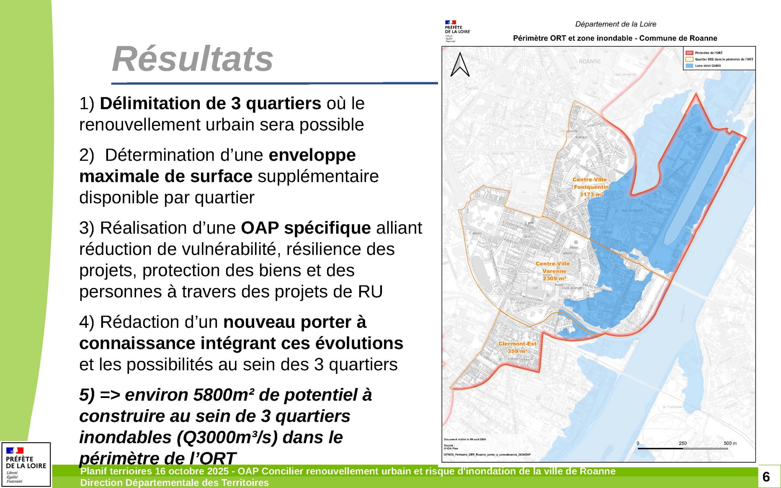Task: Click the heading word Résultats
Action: pos(192,59)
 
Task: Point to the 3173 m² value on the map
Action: pos(591,194)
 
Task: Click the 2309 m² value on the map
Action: pos(554,278)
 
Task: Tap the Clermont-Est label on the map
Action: pos(517,344)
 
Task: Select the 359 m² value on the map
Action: pos(517,351)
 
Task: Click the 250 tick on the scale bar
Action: pos(682,443)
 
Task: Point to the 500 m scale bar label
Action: pos(730,443)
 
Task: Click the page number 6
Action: pos(766,477)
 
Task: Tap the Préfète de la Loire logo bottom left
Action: pos(26,464)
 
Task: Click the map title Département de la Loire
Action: pos(615,24)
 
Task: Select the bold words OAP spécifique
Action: pos(305,228)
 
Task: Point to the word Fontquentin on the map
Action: pos(591,187)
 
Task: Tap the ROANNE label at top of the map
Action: pos(590,61)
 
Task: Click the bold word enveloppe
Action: pos(312,155)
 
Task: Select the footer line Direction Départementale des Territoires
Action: pos(174,483)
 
